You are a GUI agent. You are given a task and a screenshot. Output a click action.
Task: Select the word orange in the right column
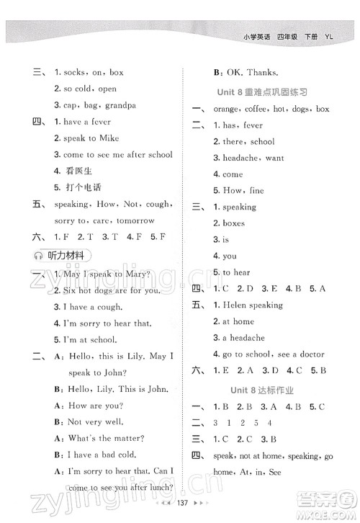coord(230,109)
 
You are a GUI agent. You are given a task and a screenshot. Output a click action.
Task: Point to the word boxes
coord(234,223)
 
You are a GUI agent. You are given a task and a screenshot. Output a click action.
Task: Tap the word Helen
coord(235,305)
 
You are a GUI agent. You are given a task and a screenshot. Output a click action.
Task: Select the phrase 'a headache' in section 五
coord(243,338)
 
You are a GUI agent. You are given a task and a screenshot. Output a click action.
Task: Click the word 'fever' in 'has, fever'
coord(253,125)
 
